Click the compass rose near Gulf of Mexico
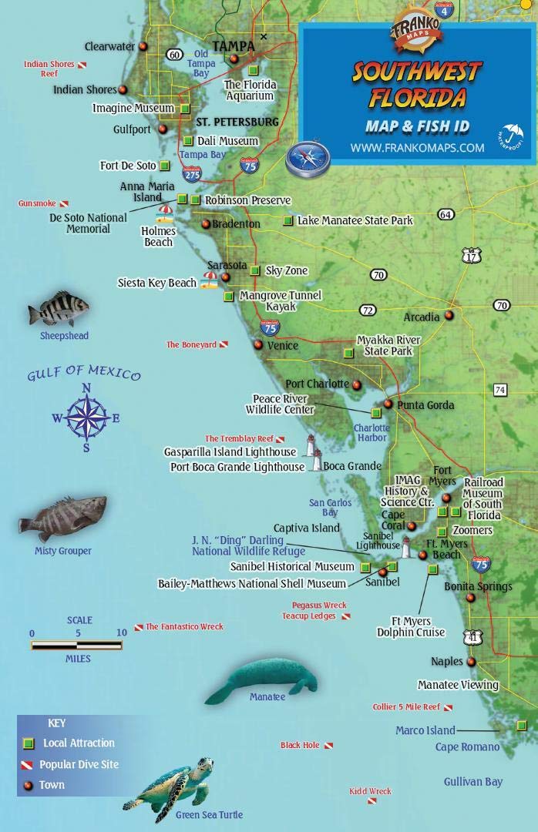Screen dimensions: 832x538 pyautogui.click(x=86, y=417)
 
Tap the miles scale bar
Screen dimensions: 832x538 pyautogui.click(x=77, y=645)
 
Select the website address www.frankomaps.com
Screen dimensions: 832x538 pyautogui.click(x=417, y=147)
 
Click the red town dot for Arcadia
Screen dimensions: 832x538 pyautogui.click(x=449, y=315)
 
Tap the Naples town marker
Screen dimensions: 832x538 pyautogui.click(x=471, y=661)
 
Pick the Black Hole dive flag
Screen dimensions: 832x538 pyautogui.click(x=328, y=746)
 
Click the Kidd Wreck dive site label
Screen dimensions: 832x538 pyautogui.click(x=370, y=791)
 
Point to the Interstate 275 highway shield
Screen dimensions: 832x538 pyautogui.click(x=193, y=174)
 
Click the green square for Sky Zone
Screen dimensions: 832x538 pyautogui.click(x=255, y=270)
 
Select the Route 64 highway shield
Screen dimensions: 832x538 pyautogui.click(x=446, y=214)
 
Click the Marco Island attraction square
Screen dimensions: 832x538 pyautogui.click(x=522, y=725)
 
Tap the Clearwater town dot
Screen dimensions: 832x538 pyautogui.click(x=143, y=46)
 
